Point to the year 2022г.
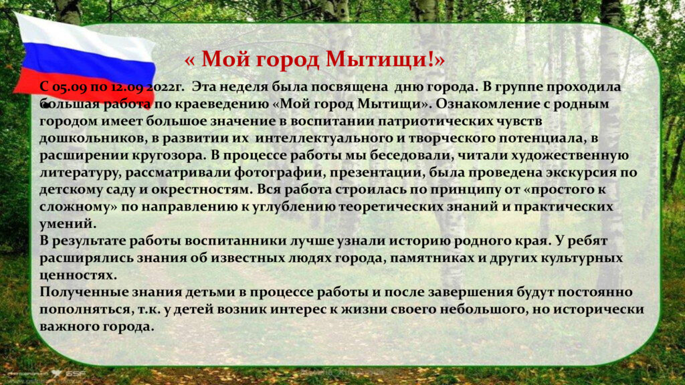162,86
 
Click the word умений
68,223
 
